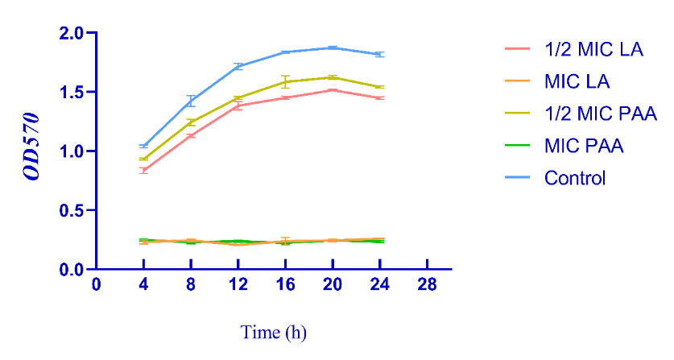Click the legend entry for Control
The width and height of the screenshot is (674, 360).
[x=574, y=178]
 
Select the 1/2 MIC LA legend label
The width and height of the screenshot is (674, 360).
[x=593, y=50]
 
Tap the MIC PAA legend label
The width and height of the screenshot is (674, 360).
[x=583, y=146]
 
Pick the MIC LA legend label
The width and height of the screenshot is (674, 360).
[x=576, y=81]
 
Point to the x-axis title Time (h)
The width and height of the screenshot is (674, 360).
[x=274, y=332]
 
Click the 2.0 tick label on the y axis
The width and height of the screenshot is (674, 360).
[x=72, y=33]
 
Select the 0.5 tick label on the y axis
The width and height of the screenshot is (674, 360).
[x=72, y=210]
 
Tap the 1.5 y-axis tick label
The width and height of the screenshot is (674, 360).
[x=72, y=92]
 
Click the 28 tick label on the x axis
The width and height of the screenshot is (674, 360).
[x=426, y=286]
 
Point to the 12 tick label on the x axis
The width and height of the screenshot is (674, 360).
[x=238, y=286]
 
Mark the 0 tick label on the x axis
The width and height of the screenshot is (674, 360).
[x=97, y=286]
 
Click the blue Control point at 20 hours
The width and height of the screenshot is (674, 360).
[x=332, y=48]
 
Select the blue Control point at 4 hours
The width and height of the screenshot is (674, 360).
[x=143, y=146]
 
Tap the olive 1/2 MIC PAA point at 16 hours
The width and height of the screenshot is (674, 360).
[x=285, y=81]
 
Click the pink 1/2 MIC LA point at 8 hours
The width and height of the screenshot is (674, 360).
[x=191, y=136]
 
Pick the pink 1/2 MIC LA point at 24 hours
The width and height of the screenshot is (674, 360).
[x=379, y=97]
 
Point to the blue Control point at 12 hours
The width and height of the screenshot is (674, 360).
[x=238, y=66]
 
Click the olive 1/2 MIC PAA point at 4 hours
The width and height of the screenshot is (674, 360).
[x=143, y=159]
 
